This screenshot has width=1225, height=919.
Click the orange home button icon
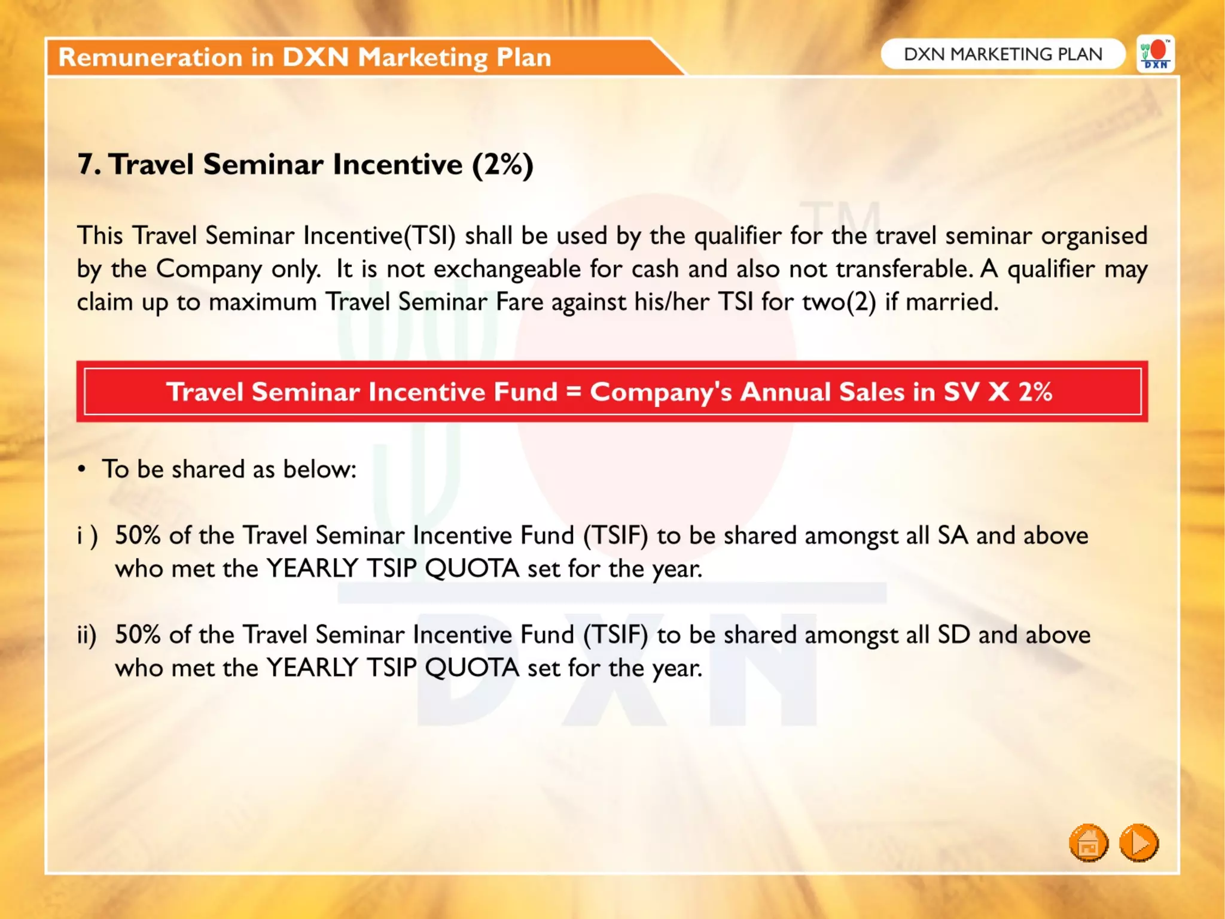1088,843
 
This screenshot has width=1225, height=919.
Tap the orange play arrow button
1139,843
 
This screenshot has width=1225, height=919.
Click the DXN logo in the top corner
1156,54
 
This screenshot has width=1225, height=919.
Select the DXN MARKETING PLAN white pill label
1002,54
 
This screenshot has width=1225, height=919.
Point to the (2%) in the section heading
502,165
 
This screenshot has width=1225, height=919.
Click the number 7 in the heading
86,165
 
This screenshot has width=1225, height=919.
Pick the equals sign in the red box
574,392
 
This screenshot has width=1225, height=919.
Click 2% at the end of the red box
1035,392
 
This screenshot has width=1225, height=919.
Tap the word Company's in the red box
661,392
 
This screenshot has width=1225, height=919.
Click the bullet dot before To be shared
82,469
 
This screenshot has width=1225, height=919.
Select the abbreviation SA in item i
953,535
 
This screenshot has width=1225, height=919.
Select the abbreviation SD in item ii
953,635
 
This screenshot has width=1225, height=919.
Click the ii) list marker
87,635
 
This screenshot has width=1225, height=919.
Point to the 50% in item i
138,535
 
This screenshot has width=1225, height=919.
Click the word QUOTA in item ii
472,668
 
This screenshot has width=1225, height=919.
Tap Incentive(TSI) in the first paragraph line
379,236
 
